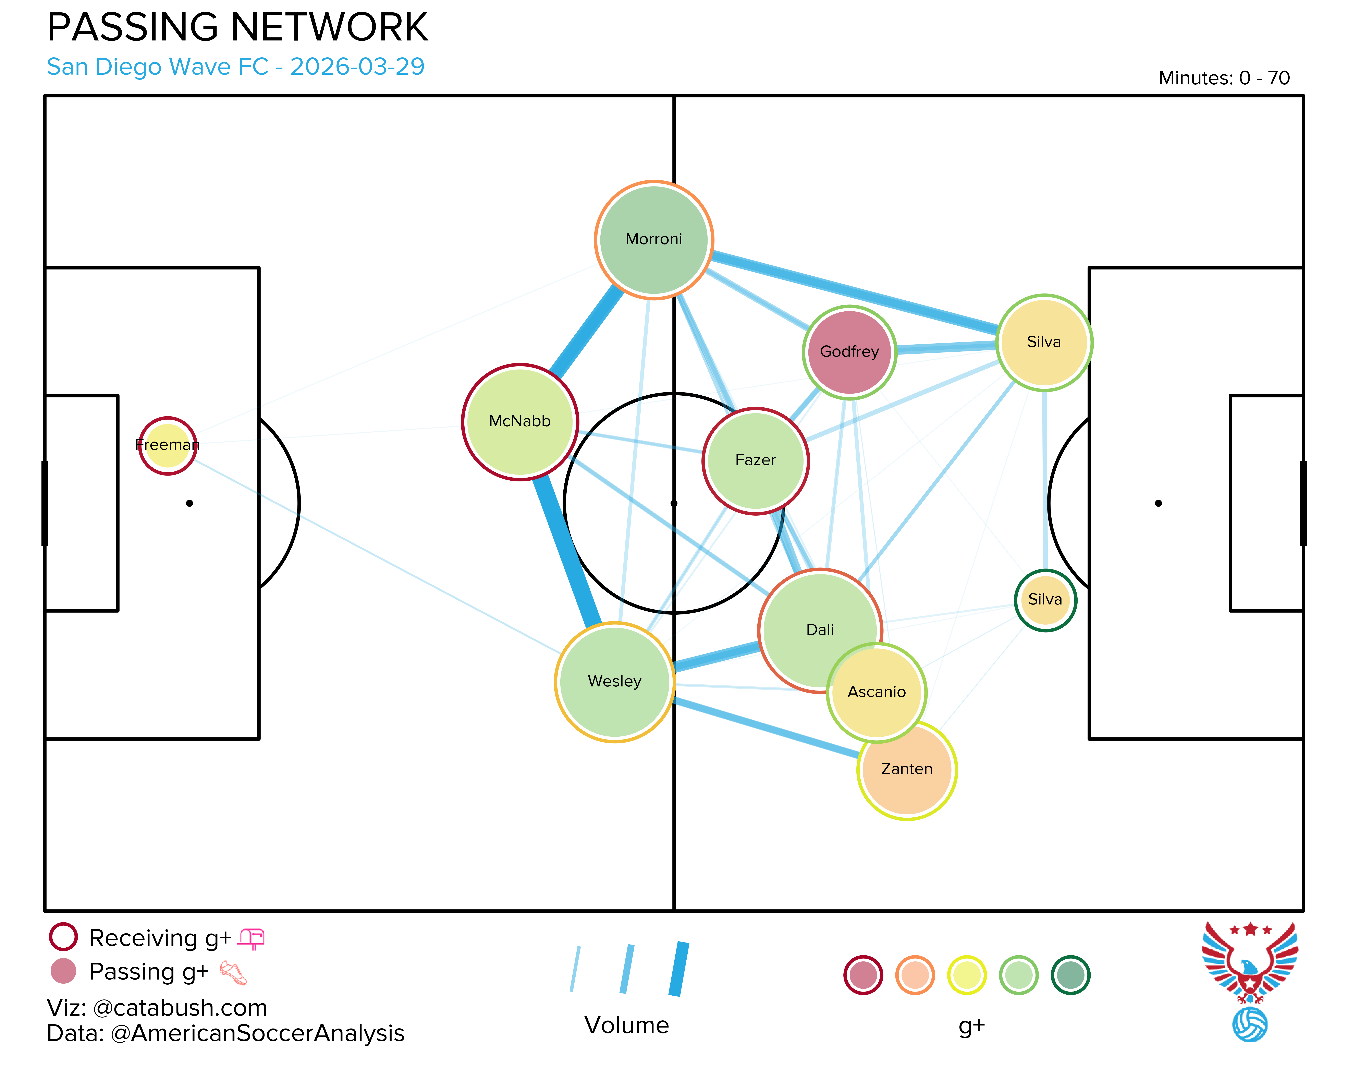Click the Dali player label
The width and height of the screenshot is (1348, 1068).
(820, 630)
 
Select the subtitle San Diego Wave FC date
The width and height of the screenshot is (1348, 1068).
(236, 66)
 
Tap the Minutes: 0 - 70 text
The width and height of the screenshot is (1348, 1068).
(1224, 78)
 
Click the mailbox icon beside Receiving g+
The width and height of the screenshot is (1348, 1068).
(251, 939)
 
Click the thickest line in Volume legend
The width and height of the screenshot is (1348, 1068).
(679, 969)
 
